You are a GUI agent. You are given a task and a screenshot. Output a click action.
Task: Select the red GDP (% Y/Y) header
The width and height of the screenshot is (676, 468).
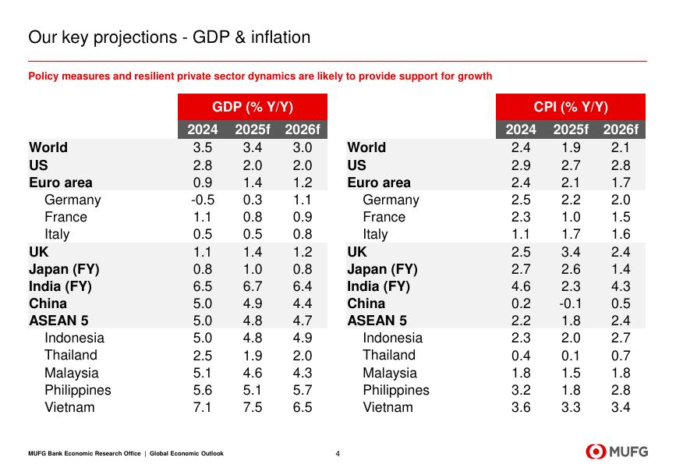pyautogui.click(x=252, y=108)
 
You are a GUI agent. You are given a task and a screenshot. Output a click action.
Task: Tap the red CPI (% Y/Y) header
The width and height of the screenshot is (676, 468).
pyautogui.click(x=570, y=108)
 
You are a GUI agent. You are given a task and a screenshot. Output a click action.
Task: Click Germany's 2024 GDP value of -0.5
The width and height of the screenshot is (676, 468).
pyautogui.click(x=203, y=200)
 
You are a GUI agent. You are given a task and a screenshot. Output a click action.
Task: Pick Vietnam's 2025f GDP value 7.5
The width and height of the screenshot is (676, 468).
pyautogui.click(x=253, y=407)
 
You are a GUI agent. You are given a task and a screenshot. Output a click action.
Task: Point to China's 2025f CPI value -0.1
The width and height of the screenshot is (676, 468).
pyautogui.click(x=571, y=303)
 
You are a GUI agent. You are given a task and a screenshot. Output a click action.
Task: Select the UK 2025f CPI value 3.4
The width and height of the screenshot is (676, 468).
pyautogui.click(x=571, y=252)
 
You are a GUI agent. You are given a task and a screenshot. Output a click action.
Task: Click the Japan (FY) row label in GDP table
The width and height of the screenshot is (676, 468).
pyautogui.click(x=64, y=269)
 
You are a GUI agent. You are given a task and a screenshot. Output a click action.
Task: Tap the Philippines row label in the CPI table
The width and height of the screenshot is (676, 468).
pyautogui.click(x=396, y=390)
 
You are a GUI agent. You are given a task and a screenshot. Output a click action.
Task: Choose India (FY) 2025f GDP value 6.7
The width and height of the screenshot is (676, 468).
pyautogui.click(x=253, y=286)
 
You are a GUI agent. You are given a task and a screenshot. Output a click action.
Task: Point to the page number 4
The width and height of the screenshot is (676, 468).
pyautogui.click(x=338, y=453)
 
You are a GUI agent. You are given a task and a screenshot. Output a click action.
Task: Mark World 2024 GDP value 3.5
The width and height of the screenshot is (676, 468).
pyautogui.click(x=203, y=147)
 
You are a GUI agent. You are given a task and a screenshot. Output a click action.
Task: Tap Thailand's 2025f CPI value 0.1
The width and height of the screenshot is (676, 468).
pyautogui.click(x=571, y=356)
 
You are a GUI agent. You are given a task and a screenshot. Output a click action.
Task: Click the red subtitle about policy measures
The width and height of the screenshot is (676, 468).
pyautogui.click(x=260, y=76)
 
